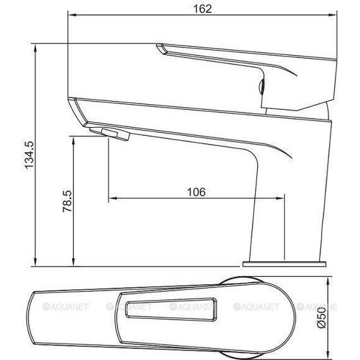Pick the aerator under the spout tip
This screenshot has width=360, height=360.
tap(110, 133)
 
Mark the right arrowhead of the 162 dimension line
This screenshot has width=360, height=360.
tap(329, 16)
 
